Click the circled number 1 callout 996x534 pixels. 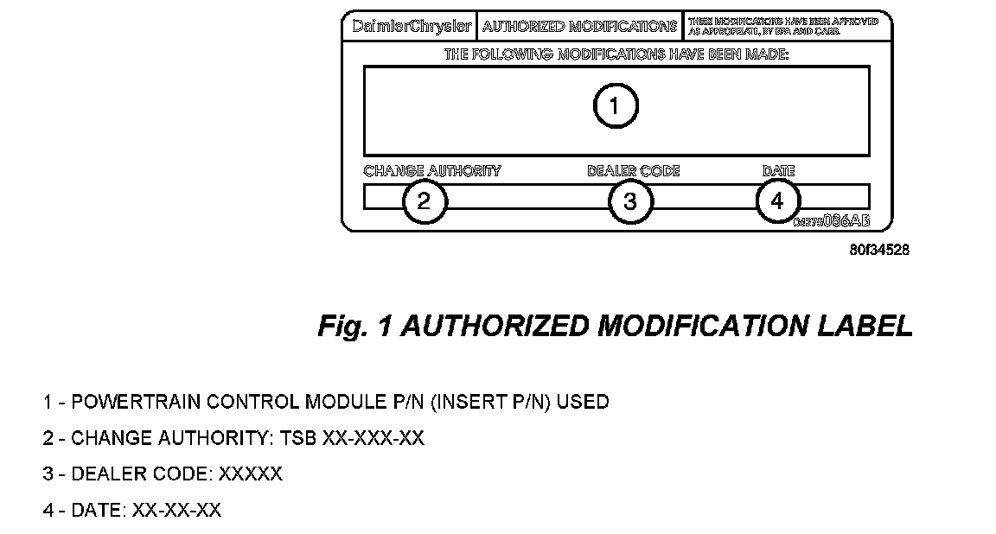615,106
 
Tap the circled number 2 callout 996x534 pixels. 424,201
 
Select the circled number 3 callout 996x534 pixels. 630,201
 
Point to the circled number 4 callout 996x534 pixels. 777,201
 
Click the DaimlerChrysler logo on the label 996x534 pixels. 412,27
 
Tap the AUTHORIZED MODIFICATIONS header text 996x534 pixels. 579,27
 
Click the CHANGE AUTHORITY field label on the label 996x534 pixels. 431,171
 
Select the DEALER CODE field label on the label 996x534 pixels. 633,171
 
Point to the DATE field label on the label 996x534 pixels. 778,171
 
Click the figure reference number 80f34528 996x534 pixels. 878,251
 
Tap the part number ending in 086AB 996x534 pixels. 832,221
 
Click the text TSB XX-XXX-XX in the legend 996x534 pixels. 352,438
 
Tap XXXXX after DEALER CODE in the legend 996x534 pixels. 250,474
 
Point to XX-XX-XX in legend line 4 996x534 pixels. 176,511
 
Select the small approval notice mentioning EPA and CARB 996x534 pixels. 782,27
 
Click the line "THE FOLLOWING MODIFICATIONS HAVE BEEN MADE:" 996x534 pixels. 616,54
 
